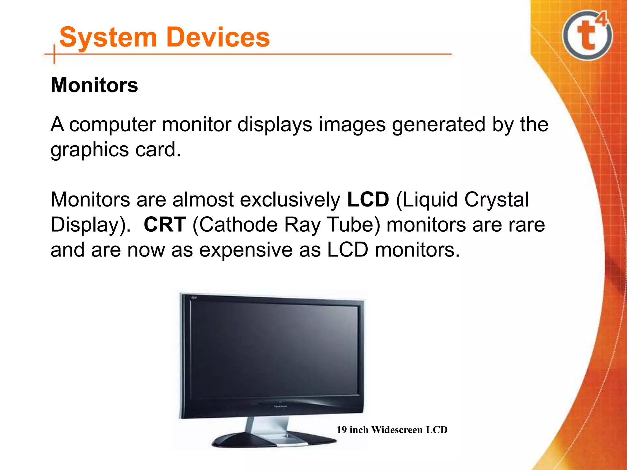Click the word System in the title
108,37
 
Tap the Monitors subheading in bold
94,85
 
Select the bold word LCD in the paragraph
368,200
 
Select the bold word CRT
165,225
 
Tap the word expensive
246,250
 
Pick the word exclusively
290,200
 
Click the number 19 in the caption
342,430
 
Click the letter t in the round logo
585,36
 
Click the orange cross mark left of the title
54,54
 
